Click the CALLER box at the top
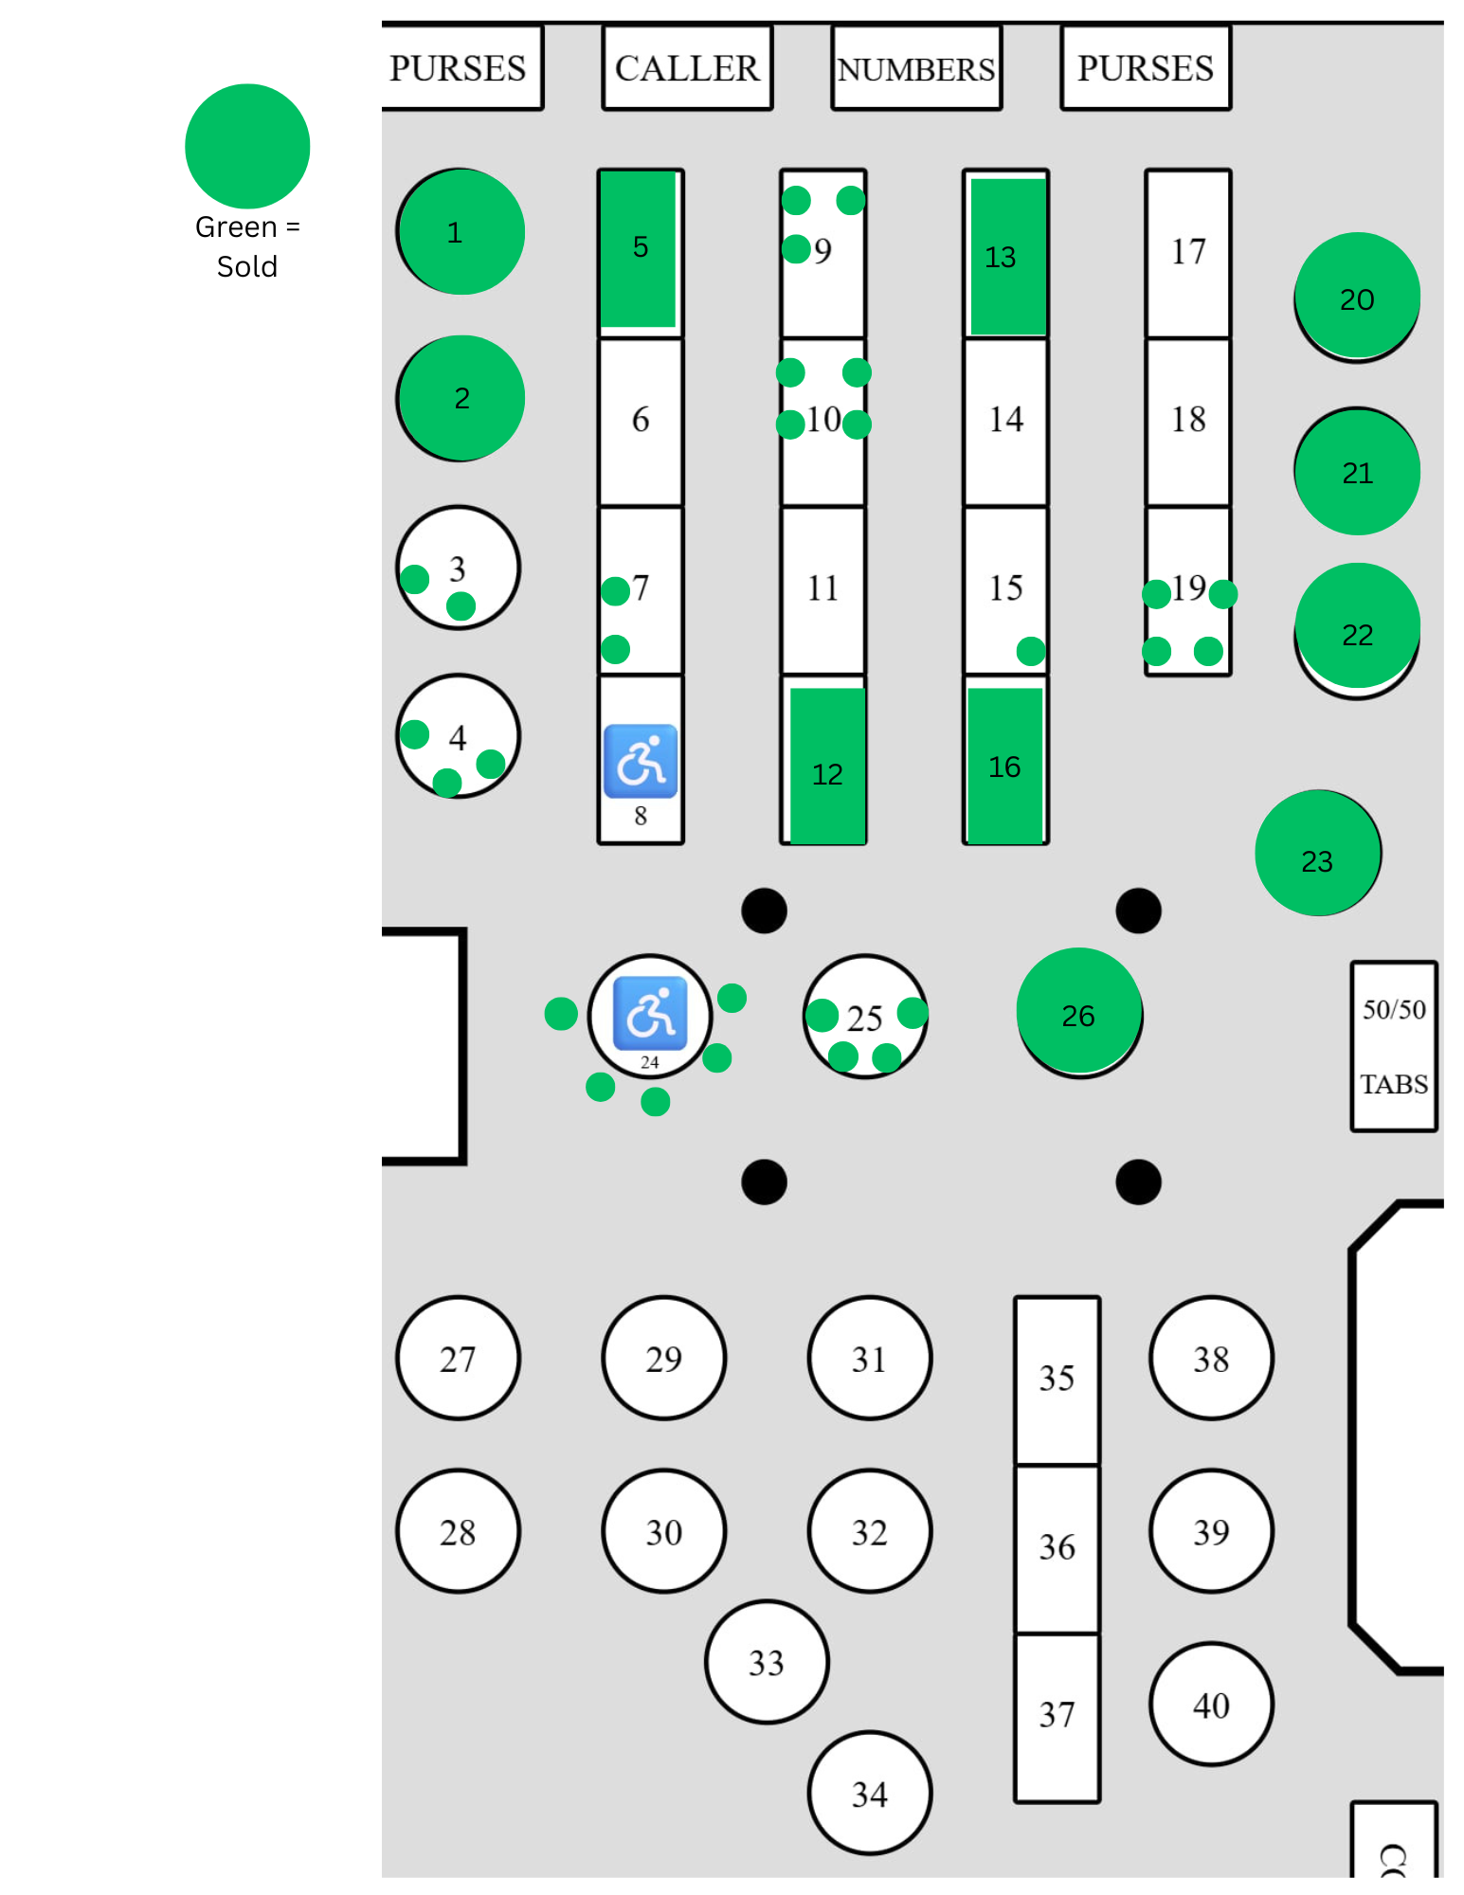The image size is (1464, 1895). (x=687, y=68)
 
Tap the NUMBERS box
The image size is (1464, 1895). (x=915, y=68)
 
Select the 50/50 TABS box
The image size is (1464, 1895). (x=1393, y=1046)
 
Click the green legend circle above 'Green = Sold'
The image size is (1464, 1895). (x=247, y=146)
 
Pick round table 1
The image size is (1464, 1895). (x=461, y=232)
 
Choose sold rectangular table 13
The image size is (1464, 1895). (x=1007, y=256)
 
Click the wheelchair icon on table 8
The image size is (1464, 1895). (x=641, y=761)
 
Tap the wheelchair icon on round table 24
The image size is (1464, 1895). (x=650, y=1012)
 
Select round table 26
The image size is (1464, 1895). (x=1078, y=1012)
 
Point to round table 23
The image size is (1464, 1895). (x=1317, y=853)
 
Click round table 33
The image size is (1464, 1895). (x=767, y=1661)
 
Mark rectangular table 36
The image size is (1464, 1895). (x=1057, y=1547)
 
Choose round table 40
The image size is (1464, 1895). (x=1211, y=1704)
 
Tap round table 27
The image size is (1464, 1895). (x=458, y=1358)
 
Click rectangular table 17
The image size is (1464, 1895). (x=1188, y=252)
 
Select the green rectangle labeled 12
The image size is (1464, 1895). (x=827, y=766)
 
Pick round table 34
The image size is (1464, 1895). (x=869, y=1792)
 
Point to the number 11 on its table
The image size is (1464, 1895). (x=822, y=588)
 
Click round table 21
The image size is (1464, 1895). (x=1357, y=472)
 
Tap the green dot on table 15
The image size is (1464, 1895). (x=1031, y=651)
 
